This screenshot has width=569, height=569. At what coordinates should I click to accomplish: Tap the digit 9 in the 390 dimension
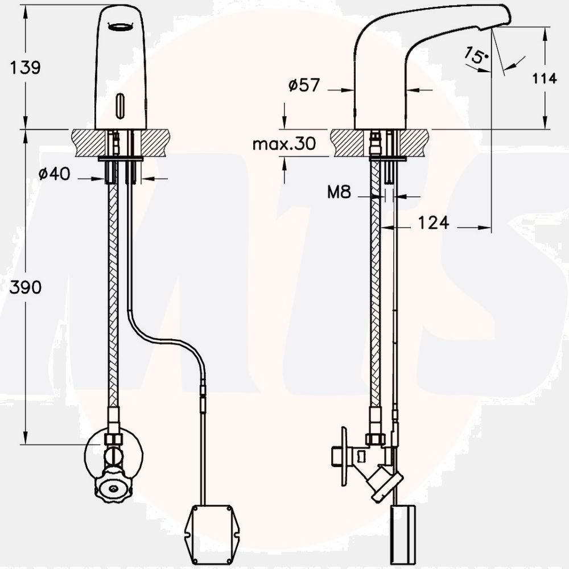pyautogui.click(x=26, y=287)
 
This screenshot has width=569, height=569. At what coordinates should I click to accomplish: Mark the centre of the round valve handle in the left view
pyautogui.click(x=114, y=488)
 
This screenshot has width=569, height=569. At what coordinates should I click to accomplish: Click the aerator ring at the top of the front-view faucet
pyautogui.click(x=121, y=27)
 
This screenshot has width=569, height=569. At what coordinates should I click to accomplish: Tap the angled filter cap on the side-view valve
pyautogui.click(x=384, y=483)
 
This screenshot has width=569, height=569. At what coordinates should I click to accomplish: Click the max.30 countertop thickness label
pyautogui.click(x=284, y=144)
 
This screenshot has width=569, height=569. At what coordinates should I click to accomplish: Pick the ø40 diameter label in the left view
pyautogui.click(x=55, y=174)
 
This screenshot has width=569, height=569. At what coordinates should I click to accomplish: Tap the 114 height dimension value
pyautogui.click(x=545, y=79)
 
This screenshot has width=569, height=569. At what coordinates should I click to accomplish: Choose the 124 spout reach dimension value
pyautogui.click(x=434, y=222)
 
